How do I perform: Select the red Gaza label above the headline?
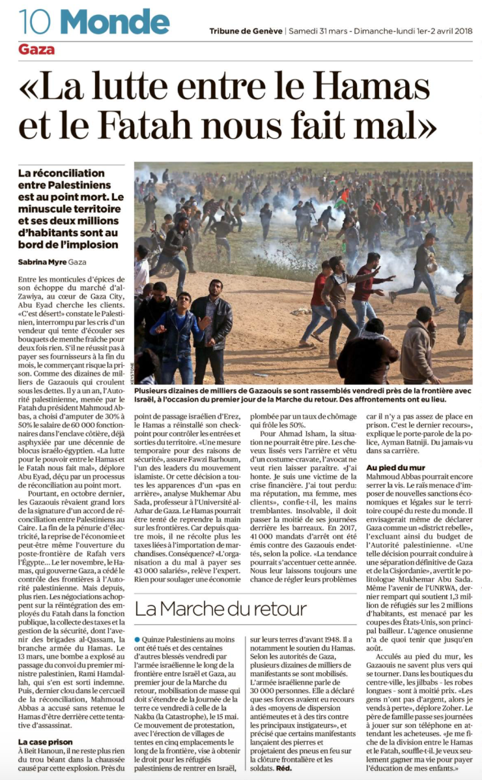(36, 50)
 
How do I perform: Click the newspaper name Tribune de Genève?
(246, 31)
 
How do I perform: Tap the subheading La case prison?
(45, 742)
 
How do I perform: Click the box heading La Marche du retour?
(221, 609)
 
